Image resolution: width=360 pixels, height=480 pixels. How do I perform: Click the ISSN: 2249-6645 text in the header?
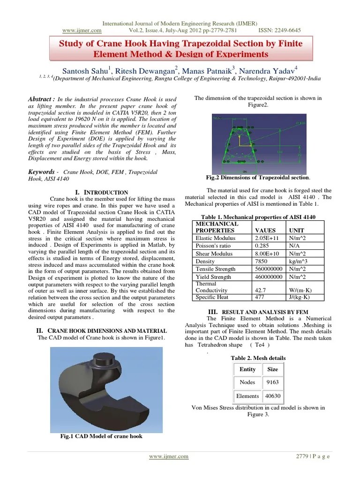tap(279, 30)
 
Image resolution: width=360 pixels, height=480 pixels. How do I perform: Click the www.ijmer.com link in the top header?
tap(82, 30)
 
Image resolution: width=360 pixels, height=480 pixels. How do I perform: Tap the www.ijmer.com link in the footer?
tap(169, 457)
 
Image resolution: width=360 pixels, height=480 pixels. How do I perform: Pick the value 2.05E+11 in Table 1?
tap(267, 238)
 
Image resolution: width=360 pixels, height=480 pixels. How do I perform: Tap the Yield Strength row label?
tap(213, 277)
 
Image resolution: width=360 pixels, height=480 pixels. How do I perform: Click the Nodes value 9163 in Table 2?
tap(272, 382)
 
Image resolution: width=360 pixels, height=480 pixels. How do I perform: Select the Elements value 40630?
tap(272, 396)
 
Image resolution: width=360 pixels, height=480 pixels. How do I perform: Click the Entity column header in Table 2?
tap(247, 369)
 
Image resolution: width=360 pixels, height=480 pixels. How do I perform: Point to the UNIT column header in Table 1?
tap(296, 231)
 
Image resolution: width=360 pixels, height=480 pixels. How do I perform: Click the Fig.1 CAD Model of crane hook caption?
tap(101, 436)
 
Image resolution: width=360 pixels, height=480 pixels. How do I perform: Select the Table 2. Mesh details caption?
tap(258, 358)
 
